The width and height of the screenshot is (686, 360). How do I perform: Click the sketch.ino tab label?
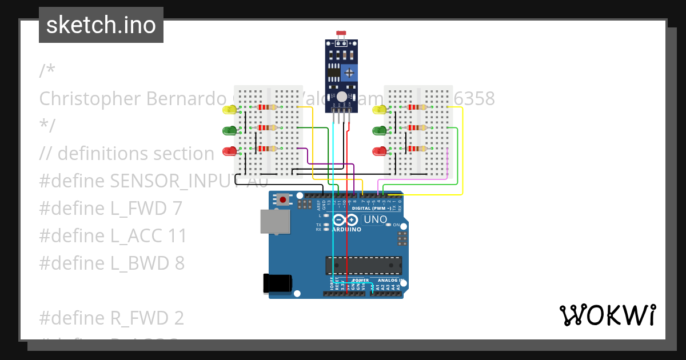[x=101, y=25]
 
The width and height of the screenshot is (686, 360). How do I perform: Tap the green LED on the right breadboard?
[x=379, y=130]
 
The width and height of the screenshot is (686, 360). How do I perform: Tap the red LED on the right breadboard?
[x=379, y=151]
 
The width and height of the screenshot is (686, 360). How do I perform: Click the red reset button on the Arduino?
[x=282, y=200]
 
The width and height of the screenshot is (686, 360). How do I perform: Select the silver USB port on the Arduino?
[x=275, y=221]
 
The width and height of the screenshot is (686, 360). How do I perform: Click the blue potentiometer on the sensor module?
[x=349, y=72]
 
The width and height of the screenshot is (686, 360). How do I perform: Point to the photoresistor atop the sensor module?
[x=342, y=35]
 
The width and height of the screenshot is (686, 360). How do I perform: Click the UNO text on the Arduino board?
[x=376, y=219]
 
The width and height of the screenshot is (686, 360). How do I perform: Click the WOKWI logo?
[x=607, y=315]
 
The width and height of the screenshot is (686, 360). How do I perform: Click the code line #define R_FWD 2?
[x=111, y=318]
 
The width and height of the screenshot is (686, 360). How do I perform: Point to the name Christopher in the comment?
[x=90, y=99]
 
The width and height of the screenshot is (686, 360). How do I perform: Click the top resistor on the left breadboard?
[x=266, y=107]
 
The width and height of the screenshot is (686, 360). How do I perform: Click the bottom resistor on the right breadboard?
[x=416, y=149]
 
